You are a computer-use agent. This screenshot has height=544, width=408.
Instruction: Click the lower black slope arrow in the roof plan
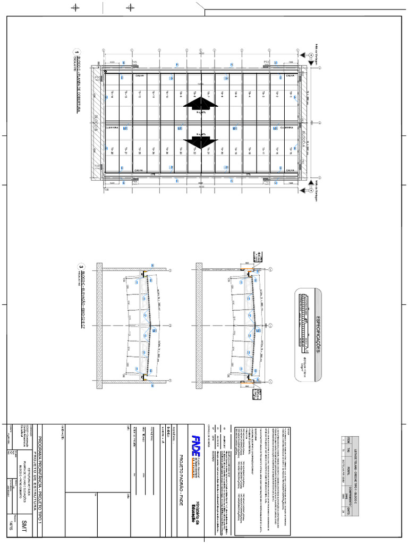point(201,142)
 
